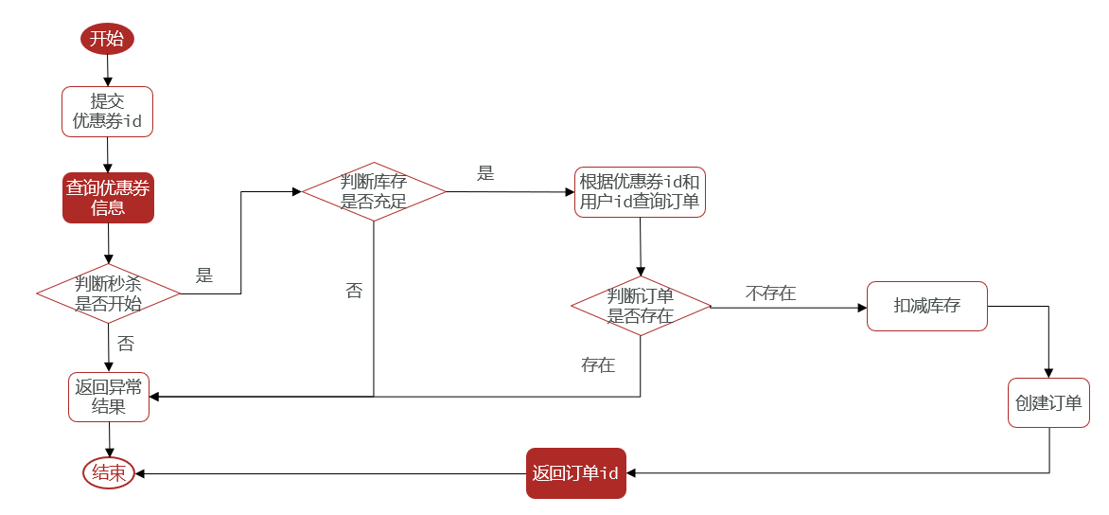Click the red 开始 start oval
click(108, 38)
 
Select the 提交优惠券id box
click(108, 111)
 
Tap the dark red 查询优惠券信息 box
click(108, 198)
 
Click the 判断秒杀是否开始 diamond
click(108, 293)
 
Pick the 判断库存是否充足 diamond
click(374, 192)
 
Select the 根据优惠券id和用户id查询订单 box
click(640, 192)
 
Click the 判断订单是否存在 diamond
click(641, 307)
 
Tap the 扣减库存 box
click(927, 307)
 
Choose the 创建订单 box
click(1048, 402)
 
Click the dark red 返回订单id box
click(575, 473)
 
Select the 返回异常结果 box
click(109, 397)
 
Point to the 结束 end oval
click(109, 473)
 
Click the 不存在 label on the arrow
click(770, 293)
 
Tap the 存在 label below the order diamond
click(598, 365)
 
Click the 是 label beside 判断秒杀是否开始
click(204, 275)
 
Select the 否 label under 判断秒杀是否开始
click(125, 344)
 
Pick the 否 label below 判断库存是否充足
click(354, 291)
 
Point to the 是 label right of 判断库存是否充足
click(485, 173)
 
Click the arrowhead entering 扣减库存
click(862, 308)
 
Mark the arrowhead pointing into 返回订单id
click(631, 472)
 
